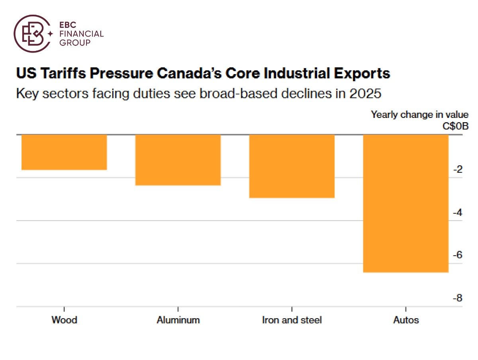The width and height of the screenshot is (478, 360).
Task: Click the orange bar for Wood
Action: point(64,152)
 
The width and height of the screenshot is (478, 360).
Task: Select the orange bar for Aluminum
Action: point(178,160)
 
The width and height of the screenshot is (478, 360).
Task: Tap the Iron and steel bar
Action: point(292,166)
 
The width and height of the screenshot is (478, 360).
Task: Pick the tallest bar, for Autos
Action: point(406,203)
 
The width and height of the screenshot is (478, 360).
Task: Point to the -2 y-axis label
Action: point(458,170)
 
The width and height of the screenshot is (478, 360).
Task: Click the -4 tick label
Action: point(458,213)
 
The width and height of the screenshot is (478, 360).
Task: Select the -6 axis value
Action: point(458,255)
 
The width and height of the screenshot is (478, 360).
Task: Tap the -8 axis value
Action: point(458,298)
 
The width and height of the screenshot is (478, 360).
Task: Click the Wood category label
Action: point(64,320)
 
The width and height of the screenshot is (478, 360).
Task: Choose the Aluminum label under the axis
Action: point(178,320)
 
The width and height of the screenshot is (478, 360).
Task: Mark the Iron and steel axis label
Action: point(292,320)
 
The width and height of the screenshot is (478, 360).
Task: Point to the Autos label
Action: point(406,320)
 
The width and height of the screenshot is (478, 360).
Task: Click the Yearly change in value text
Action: point(419,115)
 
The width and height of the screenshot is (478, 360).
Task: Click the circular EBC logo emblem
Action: point(32,34)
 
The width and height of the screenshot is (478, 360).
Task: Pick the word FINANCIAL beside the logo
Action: point(81,34)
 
